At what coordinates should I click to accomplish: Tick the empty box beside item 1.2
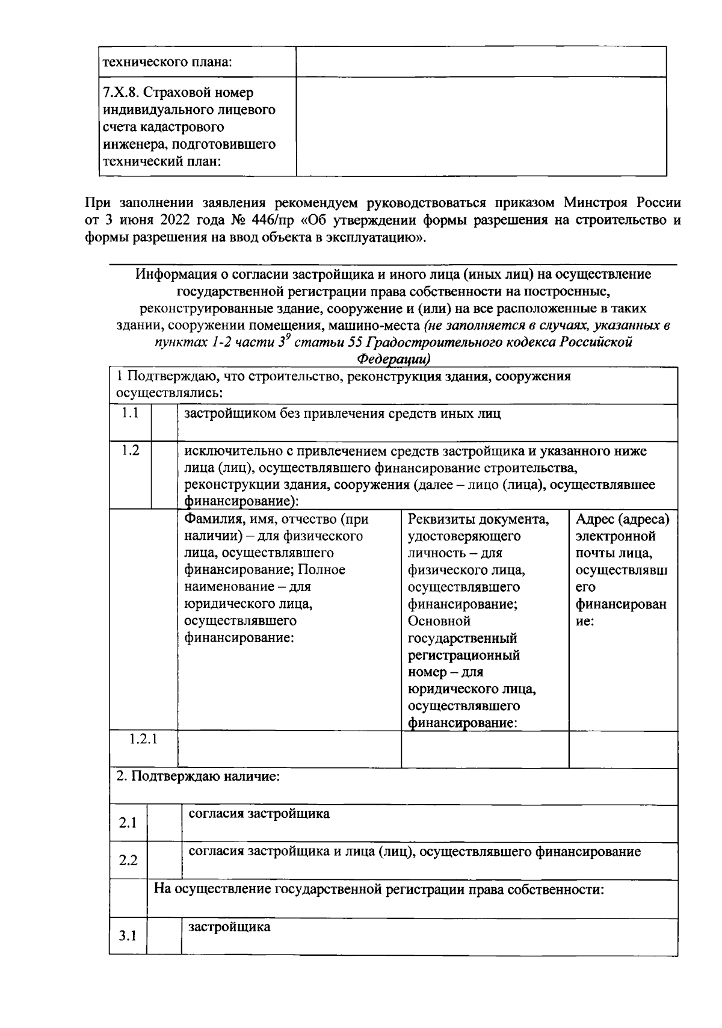tap(164, 475)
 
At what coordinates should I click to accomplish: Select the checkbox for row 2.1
tap(164, 823)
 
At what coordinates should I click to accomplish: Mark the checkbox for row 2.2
tap(164, 860)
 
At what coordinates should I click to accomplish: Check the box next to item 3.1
tap(164, 936)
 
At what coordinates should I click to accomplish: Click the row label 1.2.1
tap(143, 739)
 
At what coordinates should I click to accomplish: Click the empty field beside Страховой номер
tap(481, 126)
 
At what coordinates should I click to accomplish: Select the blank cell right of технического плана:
tap(481, 61)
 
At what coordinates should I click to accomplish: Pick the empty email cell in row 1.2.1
tap(623, 749)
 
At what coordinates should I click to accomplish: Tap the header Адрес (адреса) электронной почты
tap(622, 519)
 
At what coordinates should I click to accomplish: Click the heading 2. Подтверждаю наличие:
tap(197, 776)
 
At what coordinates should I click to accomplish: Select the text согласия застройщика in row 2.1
tap(259, 814)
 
